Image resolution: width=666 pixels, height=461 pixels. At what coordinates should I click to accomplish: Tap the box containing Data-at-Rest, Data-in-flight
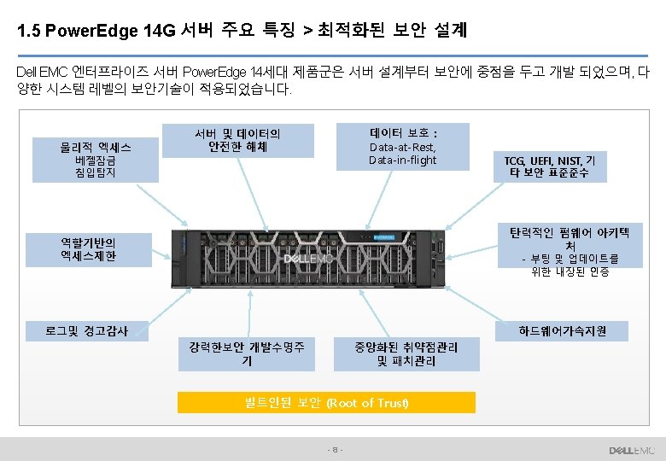tap(403, 146)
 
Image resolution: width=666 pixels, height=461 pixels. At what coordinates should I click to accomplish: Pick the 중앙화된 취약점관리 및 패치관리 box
tap(406, 353)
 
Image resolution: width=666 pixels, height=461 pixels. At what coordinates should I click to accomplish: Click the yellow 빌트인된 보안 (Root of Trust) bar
tap(326, 402)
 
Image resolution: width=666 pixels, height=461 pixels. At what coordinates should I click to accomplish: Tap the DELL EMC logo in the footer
tap(632, 450)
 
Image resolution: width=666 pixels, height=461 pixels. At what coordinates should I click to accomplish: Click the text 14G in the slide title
tap(160, 32)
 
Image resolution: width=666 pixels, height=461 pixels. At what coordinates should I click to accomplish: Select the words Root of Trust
tap(368, 402)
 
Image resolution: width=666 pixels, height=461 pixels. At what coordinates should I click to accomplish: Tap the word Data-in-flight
tap(403, 160)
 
